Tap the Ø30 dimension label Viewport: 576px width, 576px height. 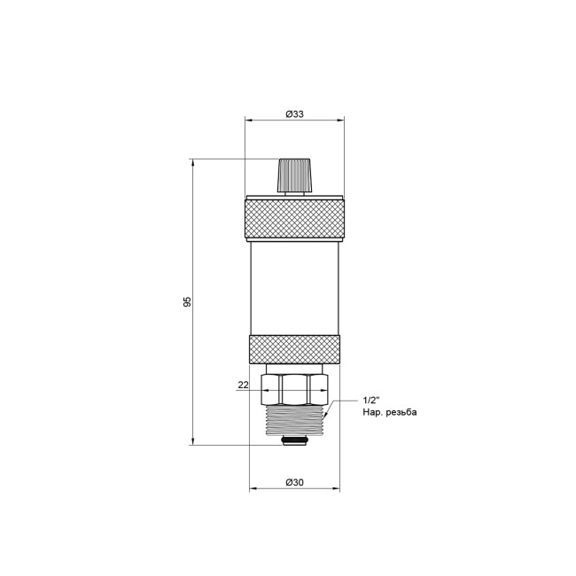tap(294, 481)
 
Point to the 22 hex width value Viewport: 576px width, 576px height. tap(243, 385)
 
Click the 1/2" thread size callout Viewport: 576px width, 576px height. tap(373, 401)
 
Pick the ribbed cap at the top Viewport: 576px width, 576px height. tap(294, 175)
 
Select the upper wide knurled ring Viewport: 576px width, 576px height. tap(294, 218)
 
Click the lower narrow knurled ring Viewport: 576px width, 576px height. tap(294, 347)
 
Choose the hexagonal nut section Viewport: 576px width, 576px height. tap(296, 385)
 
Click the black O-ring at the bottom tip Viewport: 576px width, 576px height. tap(295, 440)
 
